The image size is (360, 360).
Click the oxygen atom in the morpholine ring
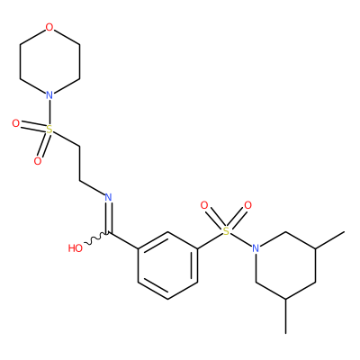tap(49, 27)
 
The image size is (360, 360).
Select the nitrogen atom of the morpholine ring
tap(49, 95)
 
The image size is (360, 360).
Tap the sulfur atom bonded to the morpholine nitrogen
tap(49, 130)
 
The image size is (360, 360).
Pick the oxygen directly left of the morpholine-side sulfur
tap(16, 123)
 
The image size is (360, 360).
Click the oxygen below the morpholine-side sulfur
tap(38, 161)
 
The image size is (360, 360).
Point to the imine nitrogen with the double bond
tap(108, 197)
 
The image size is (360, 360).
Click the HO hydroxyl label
tap(76, 248)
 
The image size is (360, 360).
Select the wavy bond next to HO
tap(96, 238)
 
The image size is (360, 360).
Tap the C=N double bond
tap(109, 218)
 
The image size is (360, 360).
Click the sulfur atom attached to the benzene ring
tap(227, 231)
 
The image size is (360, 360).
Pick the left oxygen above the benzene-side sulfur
tap(204, 205)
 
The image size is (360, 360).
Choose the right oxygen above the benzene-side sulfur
tap(247, 205)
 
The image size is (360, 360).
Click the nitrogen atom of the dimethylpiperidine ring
tap(256, 248)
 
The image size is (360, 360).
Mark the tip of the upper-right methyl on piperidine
tap(344, 232)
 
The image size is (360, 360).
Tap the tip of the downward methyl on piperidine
tap(286, 333)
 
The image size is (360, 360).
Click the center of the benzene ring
tap(167, 265)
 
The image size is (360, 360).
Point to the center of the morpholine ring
tap(49, 61)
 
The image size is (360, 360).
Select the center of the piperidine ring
tap(285, 265)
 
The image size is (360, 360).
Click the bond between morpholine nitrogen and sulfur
tap(49, 112)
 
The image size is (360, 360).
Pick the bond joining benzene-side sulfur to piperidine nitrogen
tap(241, 240)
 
